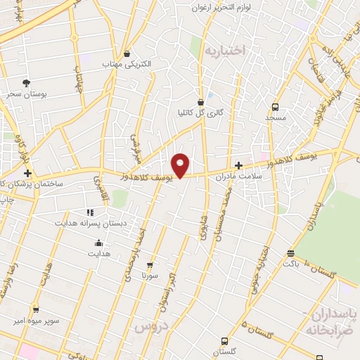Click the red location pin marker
180,165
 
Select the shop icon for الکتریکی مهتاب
127,53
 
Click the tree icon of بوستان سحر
27,82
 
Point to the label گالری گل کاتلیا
201,112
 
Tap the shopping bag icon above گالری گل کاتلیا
201,101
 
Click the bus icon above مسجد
274,108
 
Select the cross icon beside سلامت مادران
238,166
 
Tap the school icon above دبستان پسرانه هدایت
90,212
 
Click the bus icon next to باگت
291,253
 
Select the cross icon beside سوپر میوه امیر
36,309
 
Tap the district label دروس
148,328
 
